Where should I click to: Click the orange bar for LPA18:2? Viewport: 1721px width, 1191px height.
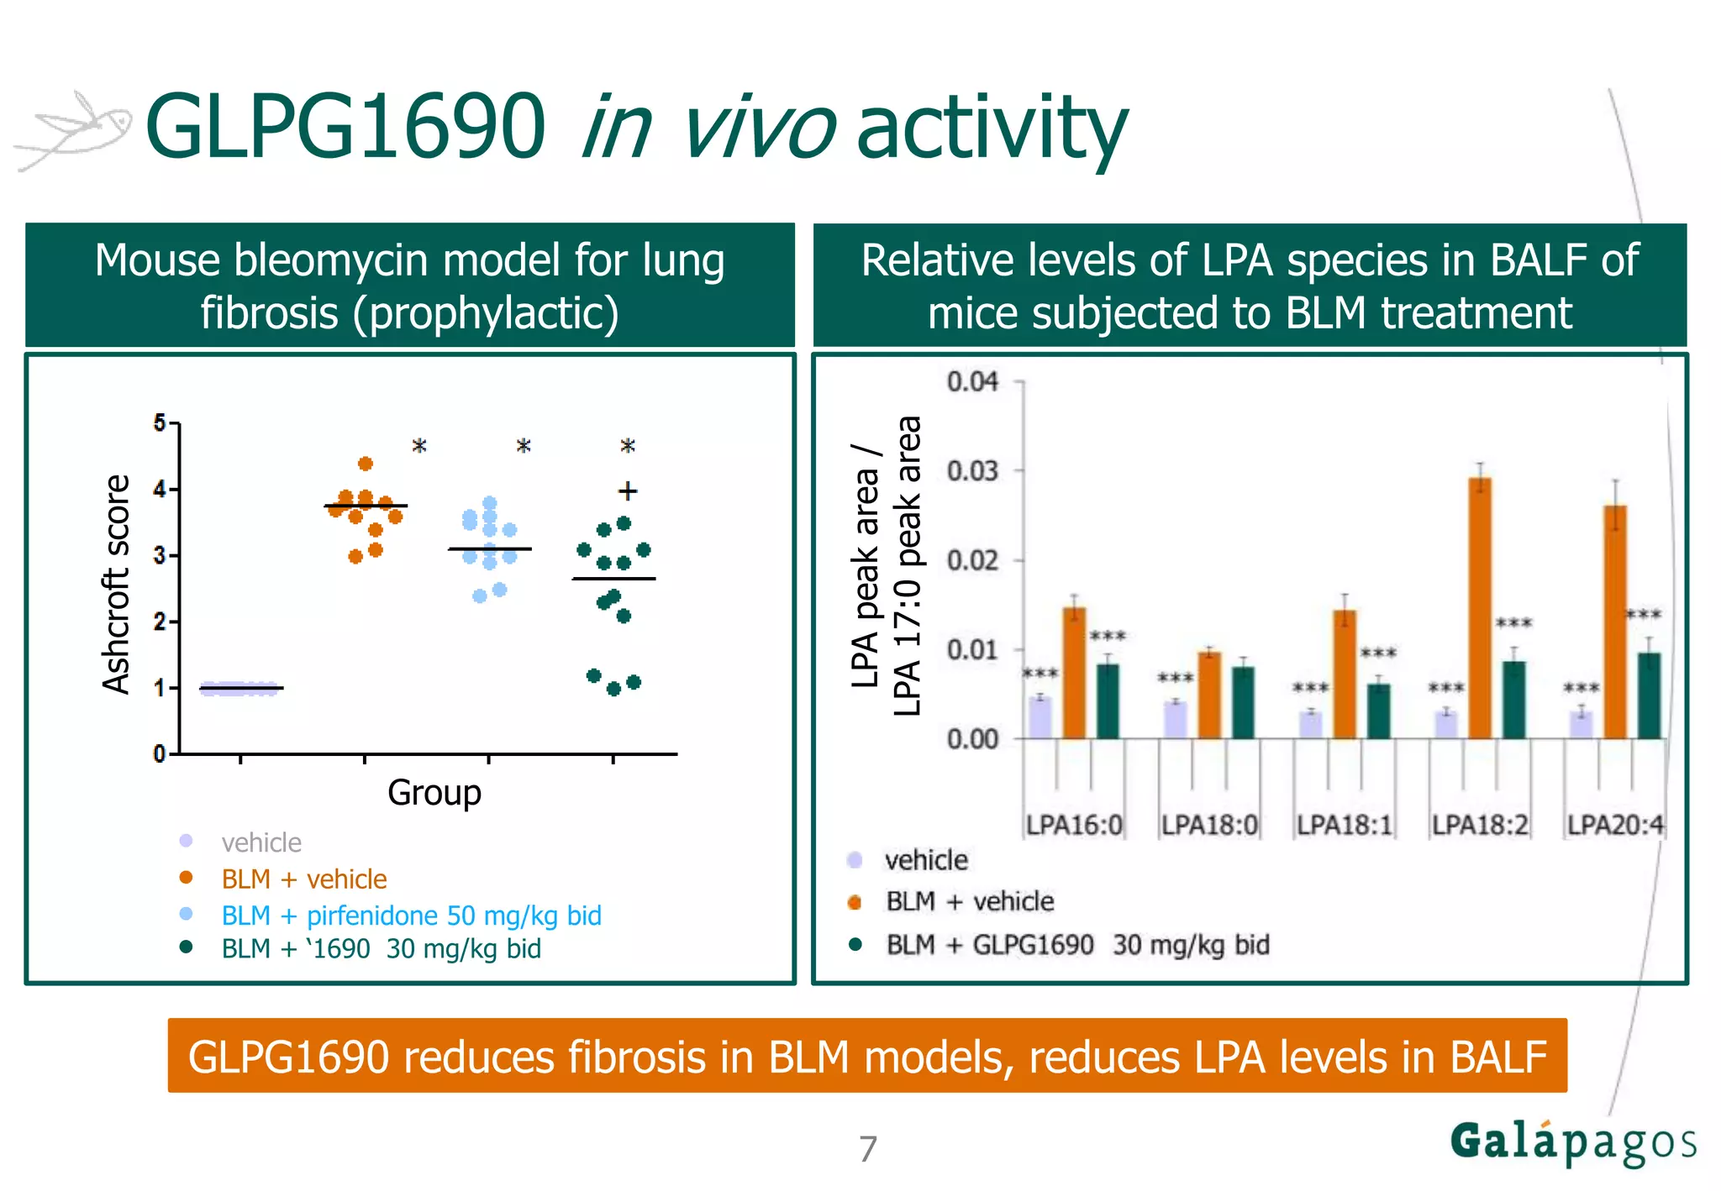1480,609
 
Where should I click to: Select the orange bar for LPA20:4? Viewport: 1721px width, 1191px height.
1615,622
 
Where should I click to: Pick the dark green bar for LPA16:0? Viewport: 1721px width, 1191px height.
1108,701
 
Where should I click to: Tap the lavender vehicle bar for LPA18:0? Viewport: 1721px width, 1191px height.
1176,720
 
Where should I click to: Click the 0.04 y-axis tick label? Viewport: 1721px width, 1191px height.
972,382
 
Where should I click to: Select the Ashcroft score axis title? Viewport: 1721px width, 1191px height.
116,585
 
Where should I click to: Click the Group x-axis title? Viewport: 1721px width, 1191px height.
434,793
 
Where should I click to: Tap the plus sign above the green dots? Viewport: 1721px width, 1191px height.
627,491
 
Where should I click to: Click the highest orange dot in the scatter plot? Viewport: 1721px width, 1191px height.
366,464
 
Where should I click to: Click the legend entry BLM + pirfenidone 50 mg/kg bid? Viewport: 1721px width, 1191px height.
411,915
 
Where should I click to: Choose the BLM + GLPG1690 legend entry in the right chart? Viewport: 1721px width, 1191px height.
1076,945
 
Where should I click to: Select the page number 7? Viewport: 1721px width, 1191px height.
868,1148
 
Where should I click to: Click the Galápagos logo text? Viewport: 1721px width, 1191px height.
1572,1143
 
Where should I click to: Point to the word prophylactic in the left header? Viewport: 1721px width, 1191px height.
485,314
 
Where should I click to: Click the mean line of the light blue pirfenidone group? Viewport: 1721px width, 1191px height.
490,549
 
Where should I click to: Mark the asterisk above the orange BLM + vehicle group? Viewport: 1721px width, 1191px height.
418,446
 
